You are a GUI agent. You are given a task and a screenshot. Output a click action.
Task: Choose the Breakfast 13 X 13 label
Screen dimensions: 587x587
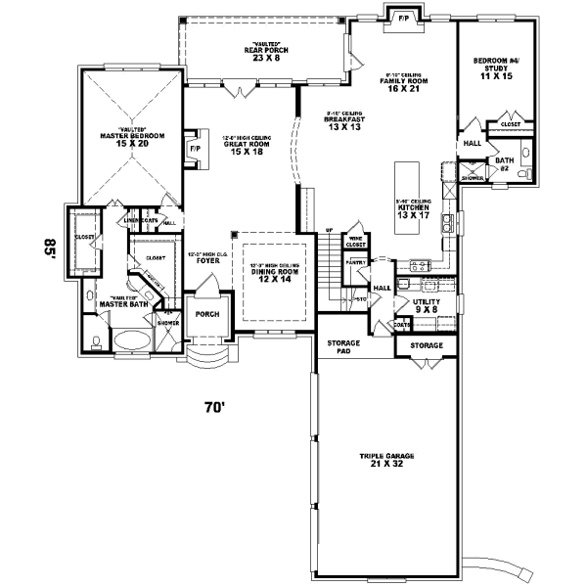(349, 123)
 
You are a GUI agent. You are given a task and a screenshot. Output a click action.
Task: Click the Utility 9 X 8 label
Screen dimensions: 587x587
(428, 306)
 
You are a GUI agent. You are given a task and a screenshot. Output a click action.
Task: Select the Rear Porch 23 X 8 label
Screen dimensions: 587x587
(264, 53)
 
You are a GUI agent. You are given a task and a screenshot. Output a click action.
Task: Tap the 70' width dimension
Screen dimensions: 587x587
(215, 405)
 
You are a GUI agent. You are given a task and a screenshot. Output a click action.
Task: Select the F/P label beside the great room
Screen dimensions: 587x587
(194, 149)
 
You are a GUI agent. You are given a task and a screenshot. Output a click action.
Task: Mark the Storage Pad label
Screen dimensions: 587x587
(344, 347)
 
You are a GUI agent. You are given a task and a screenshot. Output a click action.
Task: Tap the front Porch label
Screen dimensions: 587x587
(206, 314)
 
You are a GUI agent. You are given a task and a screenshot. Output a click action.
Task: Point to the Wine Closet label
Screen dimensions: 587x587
(356, 241)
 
